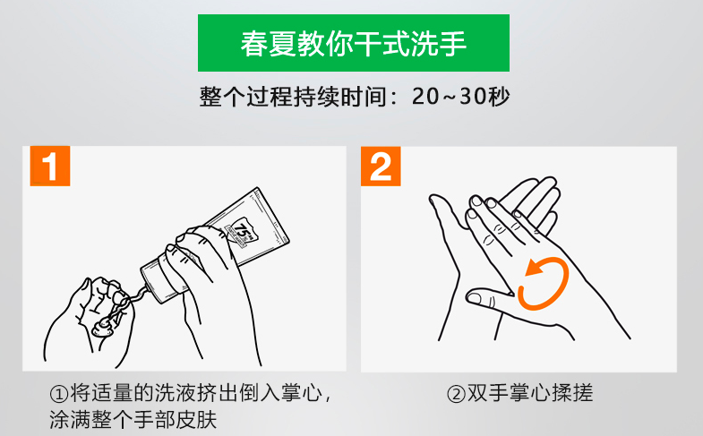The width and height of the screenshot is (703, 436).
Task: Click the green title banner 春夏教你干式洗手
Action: [x=354, y=43]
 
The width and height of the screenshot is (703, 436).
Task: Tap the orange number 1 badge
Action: [x=50, y=166]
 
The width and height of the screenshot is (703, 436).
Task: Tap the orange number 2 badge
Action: [x=381, y=167]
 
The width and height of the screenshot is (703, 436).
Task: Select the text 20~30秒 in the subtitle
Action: [x=461, y=97]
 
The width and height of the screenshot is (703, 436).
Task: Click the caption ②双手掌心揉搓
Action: [x=520, y=393]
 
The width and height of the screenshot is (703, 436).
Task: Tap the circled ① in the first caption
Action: [x=59, y=394]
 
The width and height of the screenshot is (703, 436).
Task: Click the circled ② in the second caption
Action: [x=457, y=394]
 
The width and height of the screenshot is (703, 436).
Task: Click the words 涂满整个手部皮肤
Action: [x=133, y=420]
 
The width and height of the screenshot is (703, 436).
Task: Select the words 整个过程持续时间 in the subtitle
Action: [x=293, y=97]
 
